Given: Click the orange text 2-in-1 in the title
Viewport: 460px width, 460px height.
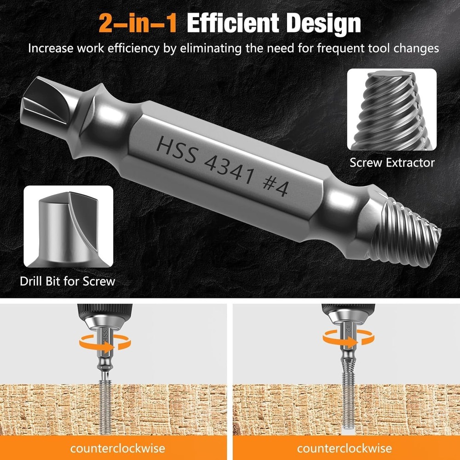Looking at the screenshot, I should [138, 23].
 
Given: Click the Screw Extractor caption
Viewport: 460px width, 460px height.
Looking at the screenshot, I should [392, 162].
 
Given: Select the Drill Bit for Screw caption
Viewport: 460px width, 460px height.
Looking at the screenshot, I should [67, 281].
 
